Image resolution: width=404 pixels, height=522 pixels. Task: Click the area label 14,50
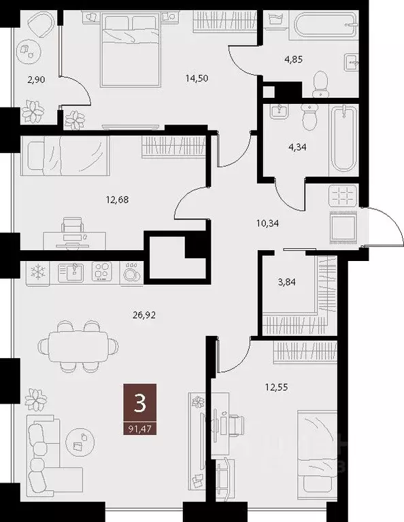pyautogui.click(x=197, y=78)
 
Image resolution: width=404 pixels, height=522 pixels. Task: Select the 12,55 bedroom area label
pyautogui.click(x=275, y=387)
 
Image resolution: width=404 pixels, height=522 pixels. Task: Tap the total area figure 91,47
pyautogui.click(x=140, y=428)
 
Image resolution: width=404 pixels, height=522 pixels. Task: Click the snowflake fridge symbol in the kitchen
pyautogui.click(x=37, y=272)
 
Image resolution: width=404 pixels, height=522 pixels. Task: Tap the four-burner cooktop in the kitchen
pyautogui.click(x=103, y=271)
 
